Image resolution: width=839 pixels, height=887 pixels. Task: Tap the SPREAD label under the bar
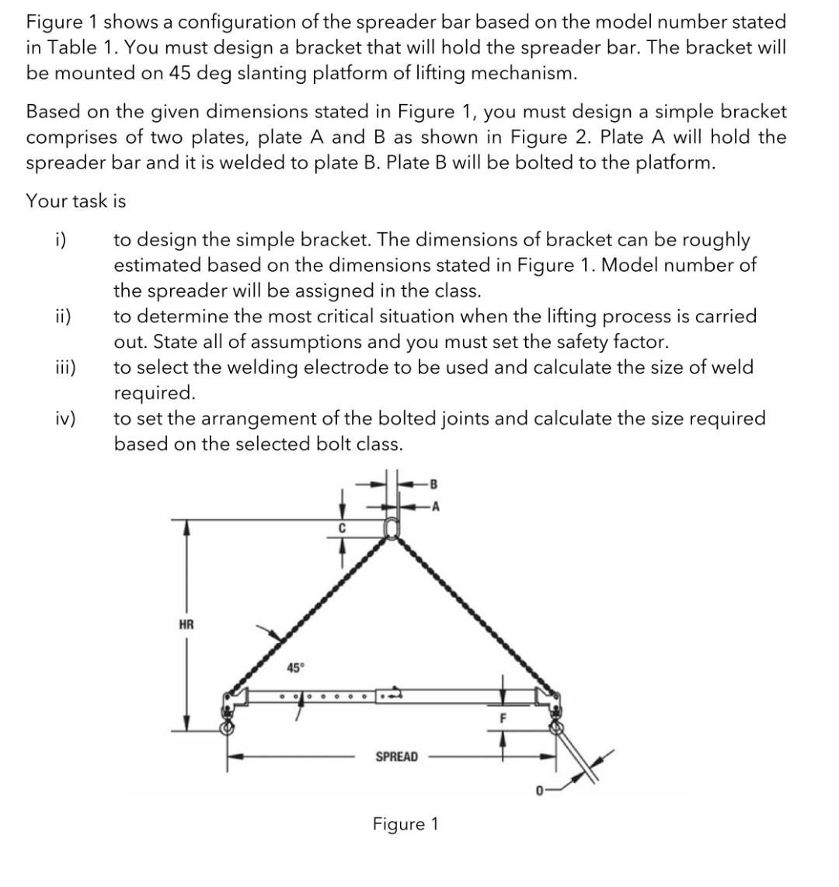pyautogui.click(x=396, y=757)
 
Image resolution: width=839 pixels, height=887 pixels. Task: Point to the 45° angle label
pyautogui.click(x=296, y=668)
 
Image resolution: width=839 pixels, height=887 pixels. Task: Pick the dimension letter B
pyautogui.click(x=433, y=484)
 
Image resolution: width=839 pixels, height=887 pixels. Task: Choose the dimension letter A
pyautogui.click(x=435, y=507)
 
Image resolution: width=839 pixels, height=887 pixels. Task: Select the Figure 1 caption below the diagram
pyautogui.click(x=406, y=824)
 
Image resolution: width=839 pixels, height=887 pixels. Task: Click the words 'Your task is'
pyautogui.click(x=75, y=200)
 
